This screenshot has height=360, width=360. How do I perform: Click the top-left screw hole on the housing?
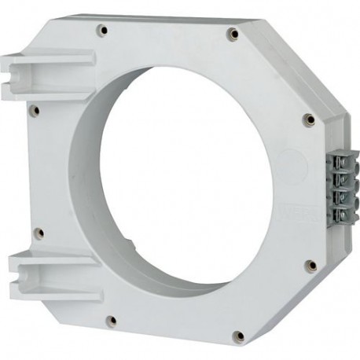[x=102, y=30]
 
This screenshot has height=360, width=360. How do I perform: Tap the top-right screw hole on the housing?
[x=232, y=34]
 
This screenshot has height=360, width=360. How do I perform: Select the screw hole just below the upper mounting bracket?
[x=34, y=111]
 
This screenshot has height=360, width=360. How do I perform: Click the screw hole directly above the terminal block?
[x=310, y=120]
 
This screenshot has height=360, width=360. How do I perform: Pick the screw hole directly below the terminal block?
[x=310, y=266]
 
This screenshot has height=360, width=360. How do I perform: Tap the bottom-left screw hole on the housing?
[x=112, y=321]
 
